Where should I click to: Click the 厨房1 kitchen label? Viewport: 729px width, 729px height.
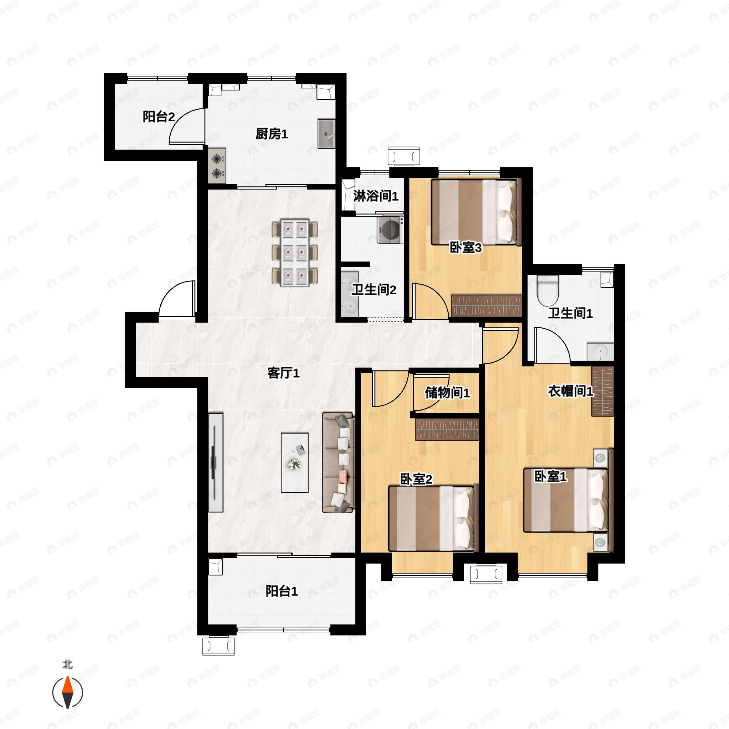pyautogui.click(x=272, y=134)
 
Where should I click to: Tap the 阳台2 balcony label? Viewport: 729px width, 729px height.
pyautogui.click(x=159, y=117)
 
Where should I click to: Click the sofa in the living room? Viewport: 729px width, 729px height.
pyautogui.click(x=338, y=463)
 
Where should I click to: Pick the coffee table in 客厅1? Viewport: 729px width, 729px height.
pyautogui.click(x=294, y=463)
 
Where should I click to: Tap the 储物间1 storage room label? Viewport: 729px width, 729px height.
pyautogui.click(x=447, y=393)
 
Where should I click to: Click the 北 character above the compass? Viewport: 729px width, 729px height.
pyautogui.click(x=67, y=664)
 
